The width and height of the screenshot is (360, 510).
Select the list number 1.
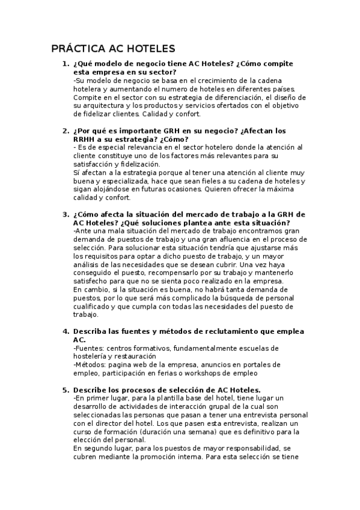coord(66,64)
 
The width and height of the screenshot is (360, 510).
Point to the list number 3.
coord(66,214)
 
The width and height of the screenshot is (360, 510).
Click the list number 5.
coord(66,390)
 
